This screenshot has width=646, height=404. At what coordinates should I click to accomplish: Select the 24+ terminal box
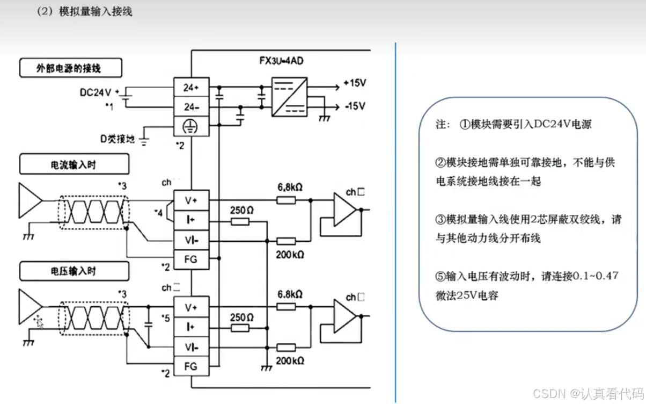coord(191,87)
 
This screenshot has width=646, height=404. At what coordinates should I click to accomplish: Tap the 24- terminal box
coord(191,107)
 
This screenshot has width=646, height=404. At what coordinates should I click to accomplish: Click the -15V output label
coord(354,106)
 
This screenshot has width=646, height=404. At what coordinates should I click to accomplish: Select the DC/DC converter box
coord(289,96)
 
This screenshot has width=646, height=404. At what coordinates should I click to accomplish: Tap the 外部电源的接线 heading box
coord(71,69)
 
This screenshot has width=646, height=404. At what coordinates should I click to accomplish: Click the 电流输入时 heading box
coord(74,164)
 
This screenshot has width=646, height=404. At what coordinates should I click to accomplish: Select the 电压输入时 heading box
coord(74,271)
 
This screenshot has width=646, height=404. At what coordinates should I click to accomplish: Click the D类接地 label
coord(117,139)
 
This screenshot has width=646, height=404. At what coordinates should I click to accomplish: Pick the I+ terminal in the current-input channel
coord(191,219)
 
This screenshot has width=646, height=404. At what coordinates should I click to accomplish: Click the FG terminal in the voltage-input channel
coord(191,366)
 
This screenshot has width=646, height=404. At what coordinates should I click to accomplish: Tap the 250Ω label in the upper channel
coord(241,210)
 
